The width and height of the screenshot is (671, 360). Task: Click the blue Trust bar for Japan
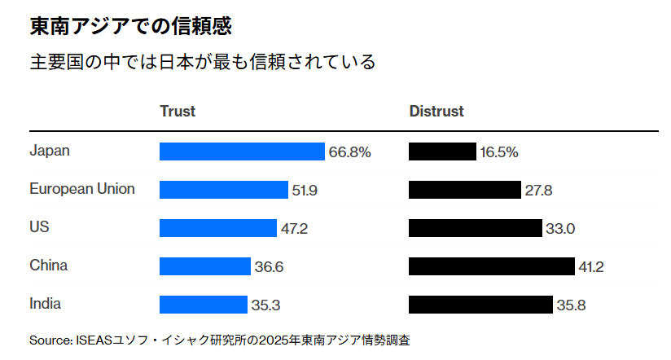[x=242, y=151]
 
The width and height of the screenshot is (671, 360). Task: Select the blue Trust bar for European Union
[x=224, y=190]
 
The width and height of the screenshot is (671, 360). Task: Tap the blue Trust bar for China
[x=205, y=266]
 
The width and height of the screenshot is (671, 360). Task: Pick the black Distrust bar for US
[x=475, y=228]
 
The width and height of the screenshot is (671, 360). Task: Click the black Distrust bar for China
[x=492, y=266]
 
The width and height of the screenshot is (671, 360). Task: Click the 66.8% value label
[x=350, y=152]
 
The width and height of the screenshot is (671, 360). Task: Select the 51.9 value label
[x=305, y=191]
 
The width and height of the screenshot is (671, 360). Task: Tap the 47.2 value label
[x=294, y=229]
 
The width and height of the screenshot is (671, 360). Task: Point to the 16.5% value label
[x=499, y=152]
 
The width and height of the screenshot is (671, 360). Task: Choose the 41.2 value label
[x=590, y=267]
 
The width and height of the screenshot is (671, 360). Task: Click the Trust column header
[x=178, y=112]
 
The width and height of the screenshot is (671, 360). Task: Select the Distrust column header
[x=436, y=112]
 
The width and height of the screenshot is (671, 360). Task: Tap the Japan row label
[x=50, y=151]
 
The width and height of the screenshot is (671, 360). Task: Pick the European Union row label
[x=82, y=189]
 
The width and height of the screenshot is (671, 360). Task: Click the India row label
[x=45, y=304]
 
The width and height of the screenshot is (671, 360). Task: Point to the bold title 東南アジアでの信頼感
[x=130, y=27]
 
